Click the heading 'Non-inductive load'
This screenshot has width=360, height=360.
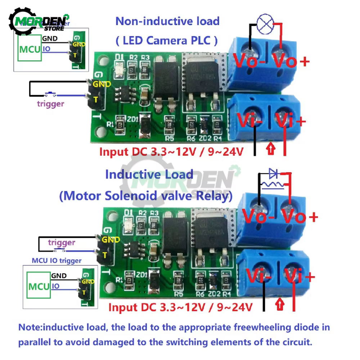pos(167,21)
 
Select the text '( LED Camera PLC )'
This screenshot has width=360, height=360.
pos(167,40)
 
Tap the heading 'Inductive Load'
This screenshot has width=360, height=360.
pos(149,175)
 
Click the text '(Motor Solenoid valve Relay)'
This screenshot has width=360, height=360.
pos(146,196)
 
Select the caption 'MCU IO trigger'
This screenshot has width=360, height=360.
pos(57,260)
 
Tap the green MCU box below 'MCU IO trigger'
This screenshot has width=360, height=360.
pos(39,287)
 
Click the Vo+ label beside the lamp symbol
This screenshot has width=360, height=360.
pos(291,62)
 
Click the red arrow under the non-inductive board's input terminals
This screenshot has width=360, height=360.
pos(270,148)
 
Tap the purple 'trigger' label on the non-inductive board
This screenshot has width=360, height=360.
pos(50,104)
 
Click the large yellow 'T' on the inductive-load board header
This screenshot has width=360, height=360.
pos(104,255)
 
